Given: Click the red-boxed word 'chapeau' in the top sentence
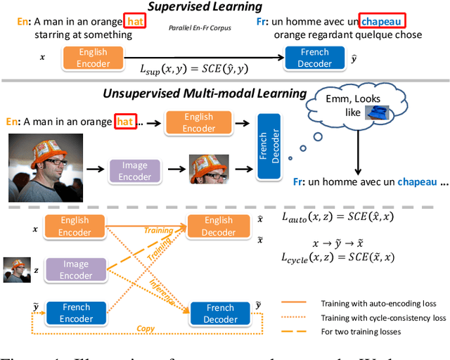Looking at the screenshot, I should click(384, 22).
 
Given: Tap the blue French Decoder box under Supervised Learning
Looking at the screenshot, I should click(314, 58).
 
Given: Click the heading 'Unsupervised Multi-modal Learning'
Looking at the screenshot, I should click(205, 93).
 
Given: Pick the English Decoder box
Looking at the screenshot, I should click(219, 226).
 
